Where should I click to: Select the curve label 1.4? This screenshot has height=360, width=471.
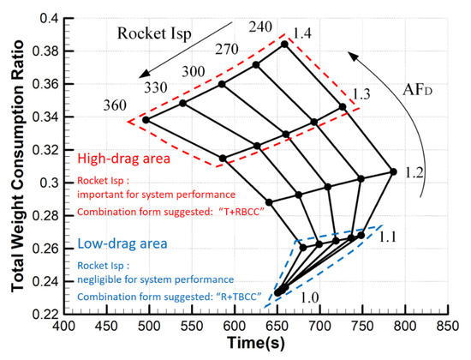301,33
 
